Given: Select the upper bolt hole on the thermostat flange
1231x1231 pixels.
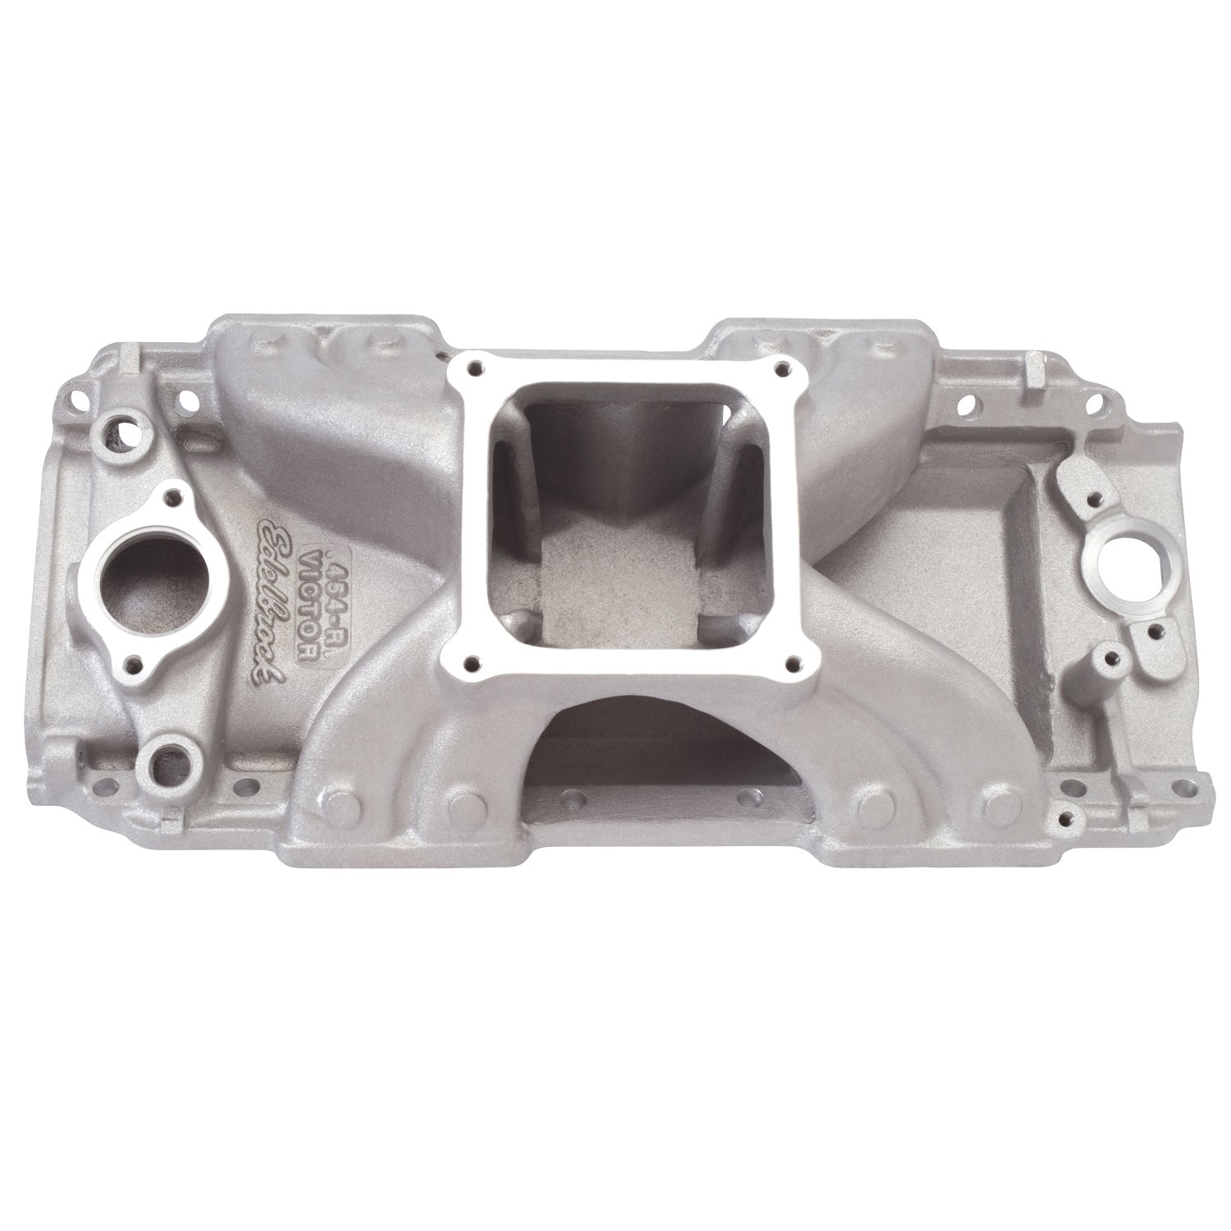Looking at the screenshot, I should (175, 495).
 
